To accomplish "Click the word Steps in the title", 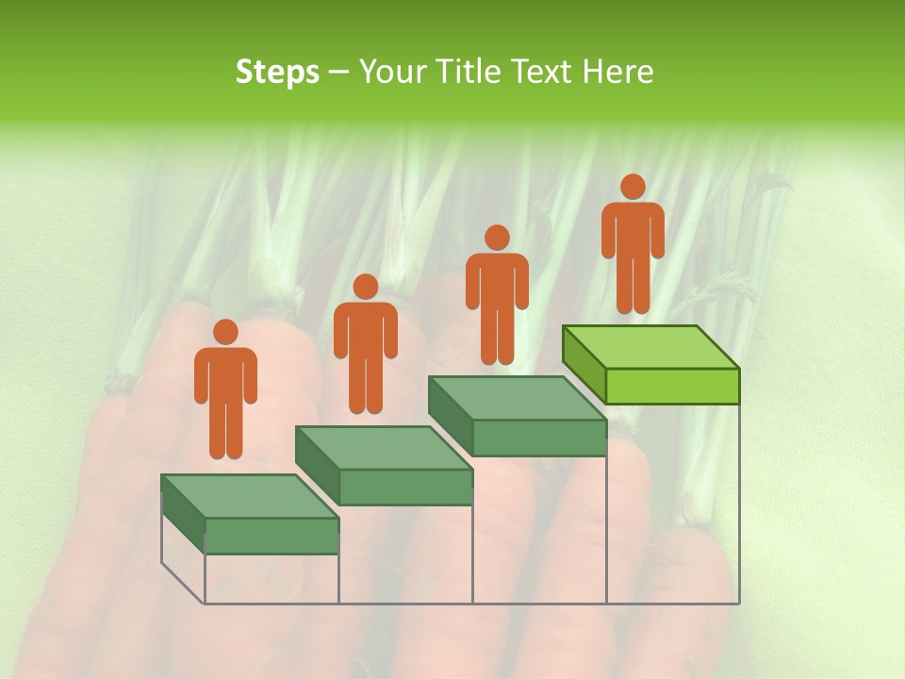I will click(277, 72).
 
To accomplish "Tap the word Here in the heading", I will click(618, 72).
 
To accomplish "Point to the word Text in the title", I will click(545, 72).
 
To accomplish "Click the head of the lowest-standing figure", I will click(225, 332).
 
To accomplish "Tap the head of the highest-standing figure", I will click(633, 187).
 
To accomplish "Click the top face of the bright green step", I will click(650, 346).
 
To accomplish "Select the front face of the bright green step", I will click(671, 386).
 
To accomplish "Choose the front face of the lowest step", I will click(271, 536).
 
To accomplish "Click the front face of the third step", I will click(538, 438).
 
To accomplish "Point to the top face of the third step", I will click(517, 397).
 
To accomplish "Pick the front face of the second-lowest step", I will click(405, 487).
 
